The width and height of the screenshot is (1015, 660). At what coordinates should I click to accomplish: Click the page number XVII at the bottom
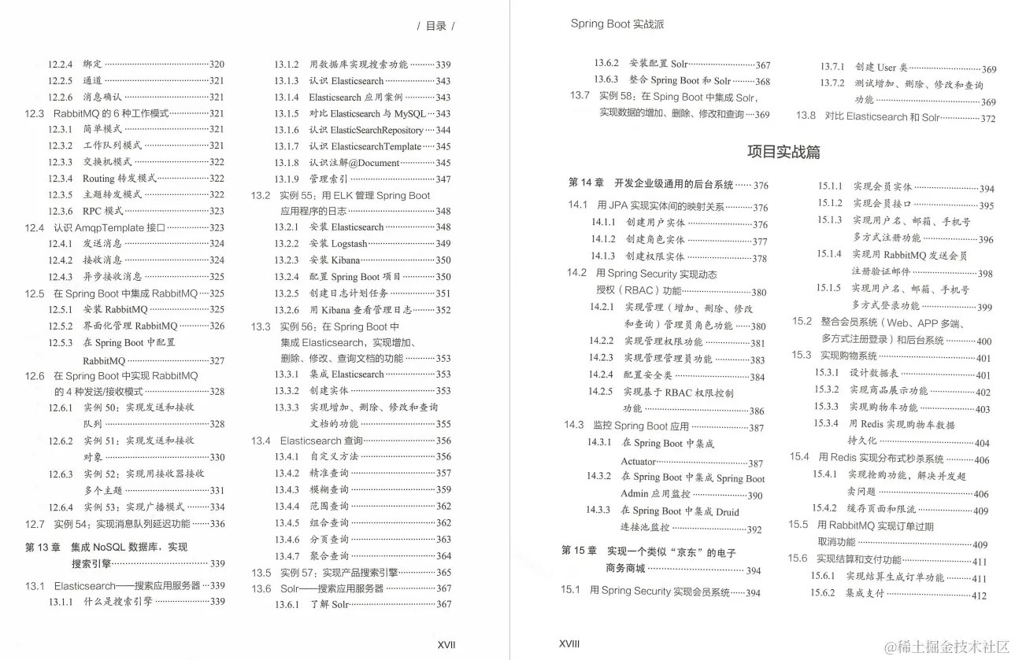click(x=446, y=644)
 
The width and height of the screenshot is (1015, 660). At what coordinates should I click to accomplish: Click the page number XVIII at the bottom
click(x=569, y=643)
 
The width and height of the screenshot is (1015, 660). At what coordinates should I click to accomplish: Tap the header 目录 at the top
click(x=435, y=26)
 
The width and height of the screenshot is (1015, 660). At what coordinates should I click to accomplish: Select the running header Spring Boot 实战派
click(x=617, y=24)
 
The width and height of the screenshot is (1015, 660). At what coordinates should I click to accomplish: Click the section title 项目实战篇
click(x=783, y=152)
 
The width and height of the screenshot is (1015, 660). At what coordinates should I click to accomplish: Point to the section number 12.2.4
click(x=60, y=65)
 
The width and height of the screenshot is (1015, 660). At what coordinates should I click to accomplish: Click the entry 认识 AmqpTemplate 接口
click(x=109, y=227)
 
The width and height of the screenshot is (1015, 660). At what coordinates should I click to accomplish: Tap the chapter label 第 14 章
click(x=586, y=183)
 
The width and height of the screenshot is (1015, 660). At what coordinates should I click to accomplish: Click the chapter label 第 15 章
click(x=579, y=550)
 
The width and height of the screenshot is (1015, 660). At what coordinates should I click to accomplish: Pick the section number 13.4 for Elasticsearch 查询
click(x=261, y=441)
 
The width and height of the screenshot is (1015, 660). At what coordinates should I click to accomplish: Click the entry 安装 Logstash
click(x=338, y=244)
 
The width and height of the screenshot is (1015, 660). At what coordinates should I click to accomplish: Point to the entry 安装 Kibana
click(x=335, y=260)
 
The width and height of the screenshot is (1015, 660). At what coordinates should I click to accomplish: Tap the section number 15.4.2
click(x=824, y=508)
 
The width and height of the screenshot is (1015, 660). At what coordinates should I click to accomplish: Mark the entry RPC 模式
click(x=103, y=211)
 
